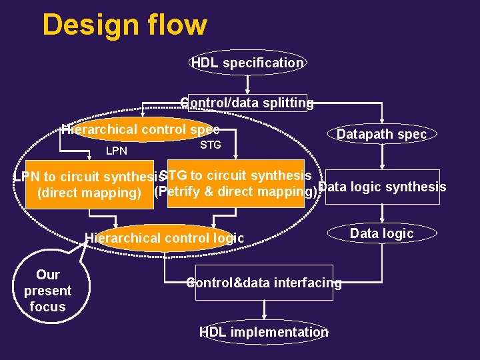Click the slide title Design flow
point(125,25)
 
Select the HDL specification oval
point(247,63)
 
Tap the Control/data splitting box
point(247,103)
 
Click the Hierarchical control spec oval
point(140,130)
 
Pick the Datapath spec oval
point(381,134)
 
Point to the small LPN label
point(117,151)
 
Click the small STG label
point(211,145)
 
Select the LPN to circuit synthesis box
point(90,185)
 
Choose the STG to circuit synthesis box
point(235,183)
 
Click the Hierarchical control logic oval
point(164,238)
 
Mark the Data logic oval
point(381,233)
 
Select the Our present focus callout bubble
point(48,291)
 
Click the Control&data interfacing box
point(264,283)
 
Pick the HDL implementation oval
point(264,332)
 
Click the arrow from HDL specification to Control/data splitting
point(247,83)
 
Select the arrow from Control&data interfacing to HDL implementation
point(265,309)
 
